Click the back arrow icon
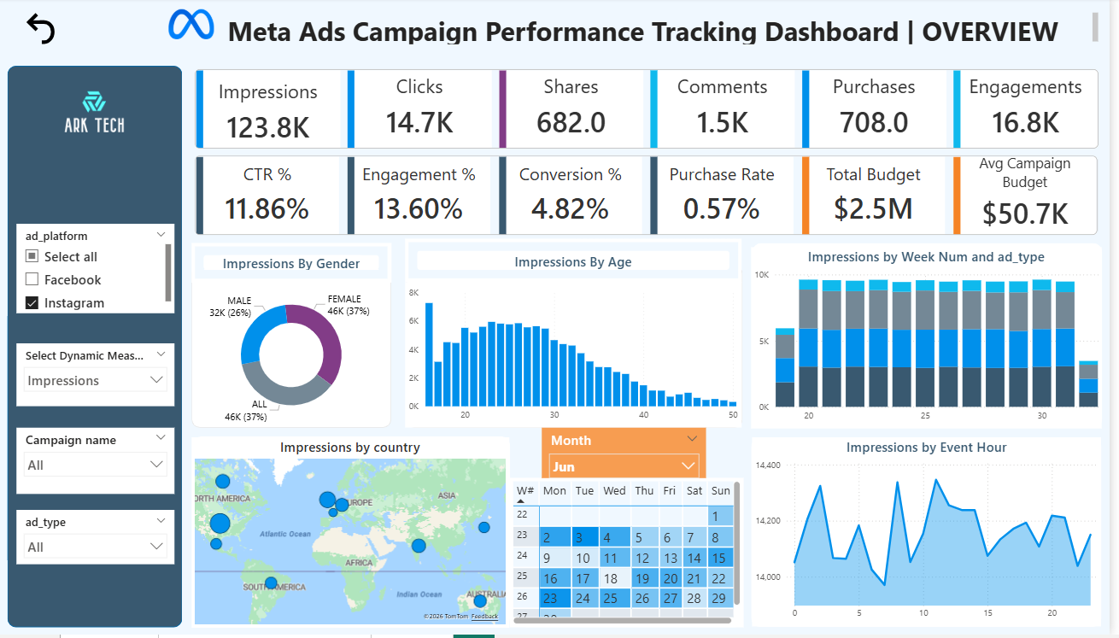40,29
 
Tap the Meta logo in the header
191,25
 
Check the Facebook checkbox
32,279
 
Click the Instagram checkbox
32,302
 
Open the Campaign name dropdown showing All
94,465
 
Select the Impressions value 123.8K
267,126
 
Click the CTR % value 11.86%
267,208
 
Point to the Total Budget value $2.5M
873,208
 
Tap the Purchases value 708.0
873,122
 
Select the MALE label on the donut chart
239,301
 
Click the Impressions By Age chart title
572,262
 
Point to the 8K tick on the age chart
413,292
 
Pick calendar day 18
611,578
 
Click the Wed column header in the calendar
614,490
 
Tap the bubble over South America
271,582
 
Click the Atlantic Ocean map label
286,534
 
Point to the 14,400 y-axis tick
769,465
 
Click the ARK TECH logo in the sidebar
94,114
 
